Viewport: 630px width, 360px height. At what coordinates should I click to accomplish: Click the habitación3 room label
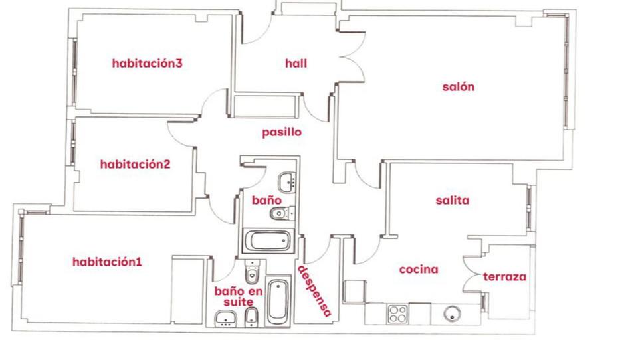[x=147, y=64]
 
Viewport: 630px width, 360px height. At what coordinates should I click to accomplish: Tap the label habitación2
[x=136, y=164]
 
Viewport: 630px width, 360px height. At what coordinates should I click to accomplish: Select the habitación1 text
[x=107, y=262]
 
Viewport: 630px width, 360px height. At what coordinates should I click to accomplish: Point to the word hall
[x=296, y=64]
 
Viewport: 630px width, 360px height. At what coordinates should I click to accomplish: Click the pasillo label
[x=281, y=132]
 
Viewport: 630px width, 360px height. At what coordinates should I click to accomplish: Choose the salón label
[x=459, y=86]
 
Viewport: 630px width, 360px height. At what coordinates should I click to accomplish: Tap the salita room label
[x=453, y=200]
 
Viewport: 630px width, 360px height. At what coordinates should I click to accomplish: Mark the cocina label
[x=418, y=270]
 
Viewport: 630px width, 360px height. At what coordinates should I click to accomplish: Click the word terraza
[x=504, y=276]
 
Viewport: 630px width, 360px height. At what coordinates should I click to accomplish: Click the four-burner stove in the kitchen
[x=398, y=313]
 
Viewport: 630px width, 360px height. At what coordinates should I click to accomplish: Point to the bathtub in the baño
[x=268, y=241]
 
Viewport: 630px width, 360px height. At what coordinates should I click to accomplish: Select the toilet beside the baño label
[x=279, y=213]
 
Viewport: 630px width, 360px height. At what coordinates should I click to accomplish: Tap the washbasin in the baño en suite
[x=226, y=321]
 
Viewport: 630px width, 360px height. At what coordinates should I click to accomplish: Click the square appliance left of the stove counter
[x=354, y=291]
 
